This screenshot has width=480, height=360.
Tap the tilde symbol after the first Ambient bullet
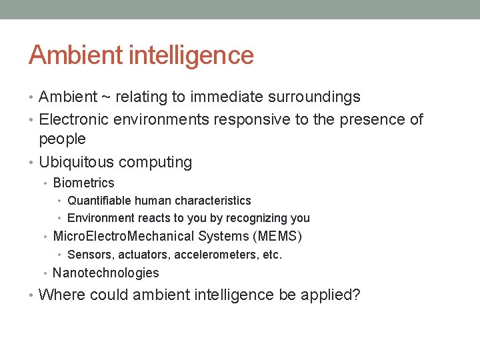click(106, 97)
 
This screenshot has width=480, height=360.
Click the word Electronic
click(74, 120)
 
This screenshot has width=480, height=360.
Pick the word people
click(63, 139)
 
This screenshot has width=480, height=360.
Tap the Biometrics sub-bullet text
click(83, 183)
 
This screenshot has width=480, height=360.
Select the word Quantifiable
click(100, 201)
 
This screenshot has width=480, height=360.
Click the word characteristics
click(213, 201)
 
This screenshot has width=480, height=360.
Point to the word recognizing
click(257, 218)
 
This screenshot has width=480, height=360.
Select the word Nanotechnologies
click(105, 273)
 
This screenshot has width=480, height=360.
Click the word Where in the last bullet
click(61, 295)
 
